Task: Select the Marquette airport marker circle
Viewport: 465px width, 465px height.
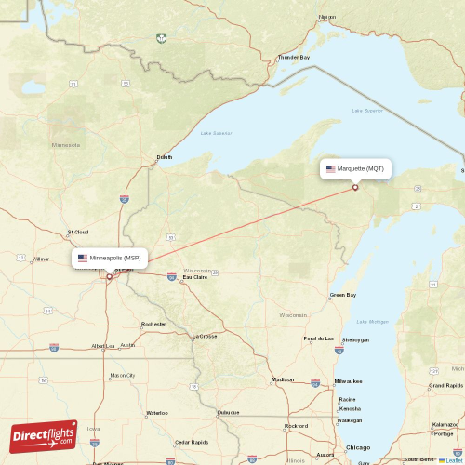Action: tap(355, 188)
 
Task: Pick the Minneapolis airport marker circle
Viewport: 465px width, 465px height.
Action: tap(109, 276)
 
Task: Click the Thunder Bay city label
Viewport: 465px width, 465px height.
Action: tap(293, 58)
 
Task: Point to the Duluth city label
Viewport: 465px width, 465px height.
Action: tap(165, 157)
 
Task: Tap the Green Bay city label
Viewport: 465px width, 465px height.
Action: tap(343, 296)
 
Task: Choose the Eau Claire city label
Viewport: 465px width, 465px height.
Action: tap(195, 277)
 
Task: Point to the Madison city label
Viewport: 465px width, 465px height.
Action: tap(283, 379)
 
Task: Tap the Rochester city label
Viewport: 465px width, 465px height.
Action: tap(153, 324)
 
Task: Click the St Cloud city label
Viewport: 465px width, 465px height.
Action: tap(77, 232)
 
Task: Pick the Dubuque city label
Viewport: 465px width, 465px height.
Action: tap(229, 412)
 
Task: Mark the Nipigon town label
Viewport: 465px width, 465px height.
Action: tap(327, 17)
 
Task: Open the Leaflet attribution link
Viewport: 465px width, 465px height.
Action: tap(453, 459)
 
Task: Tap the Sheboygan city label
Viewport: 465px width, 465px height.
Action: tap(355, 340)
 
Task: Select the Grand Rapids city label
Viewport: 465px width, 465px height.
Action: tap(446, 385)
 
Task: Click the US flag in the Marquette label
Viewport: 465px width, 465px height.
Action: tap(330, 169)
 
